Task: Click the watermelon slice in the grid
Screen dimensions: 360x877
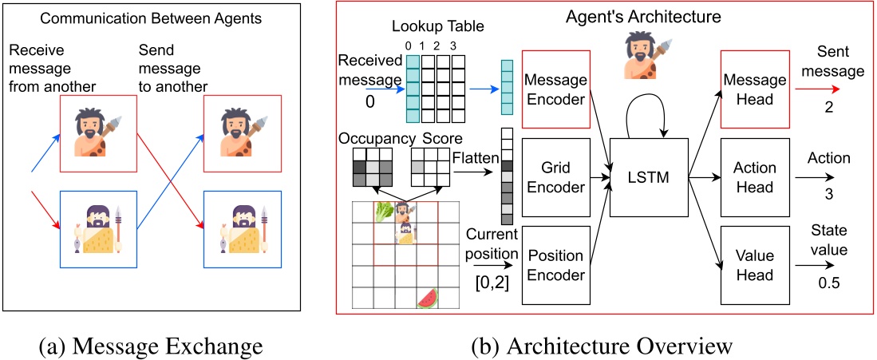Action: (x=429, y=298)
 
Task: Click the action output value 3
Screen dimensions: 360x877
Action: (x=830, y=192)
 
